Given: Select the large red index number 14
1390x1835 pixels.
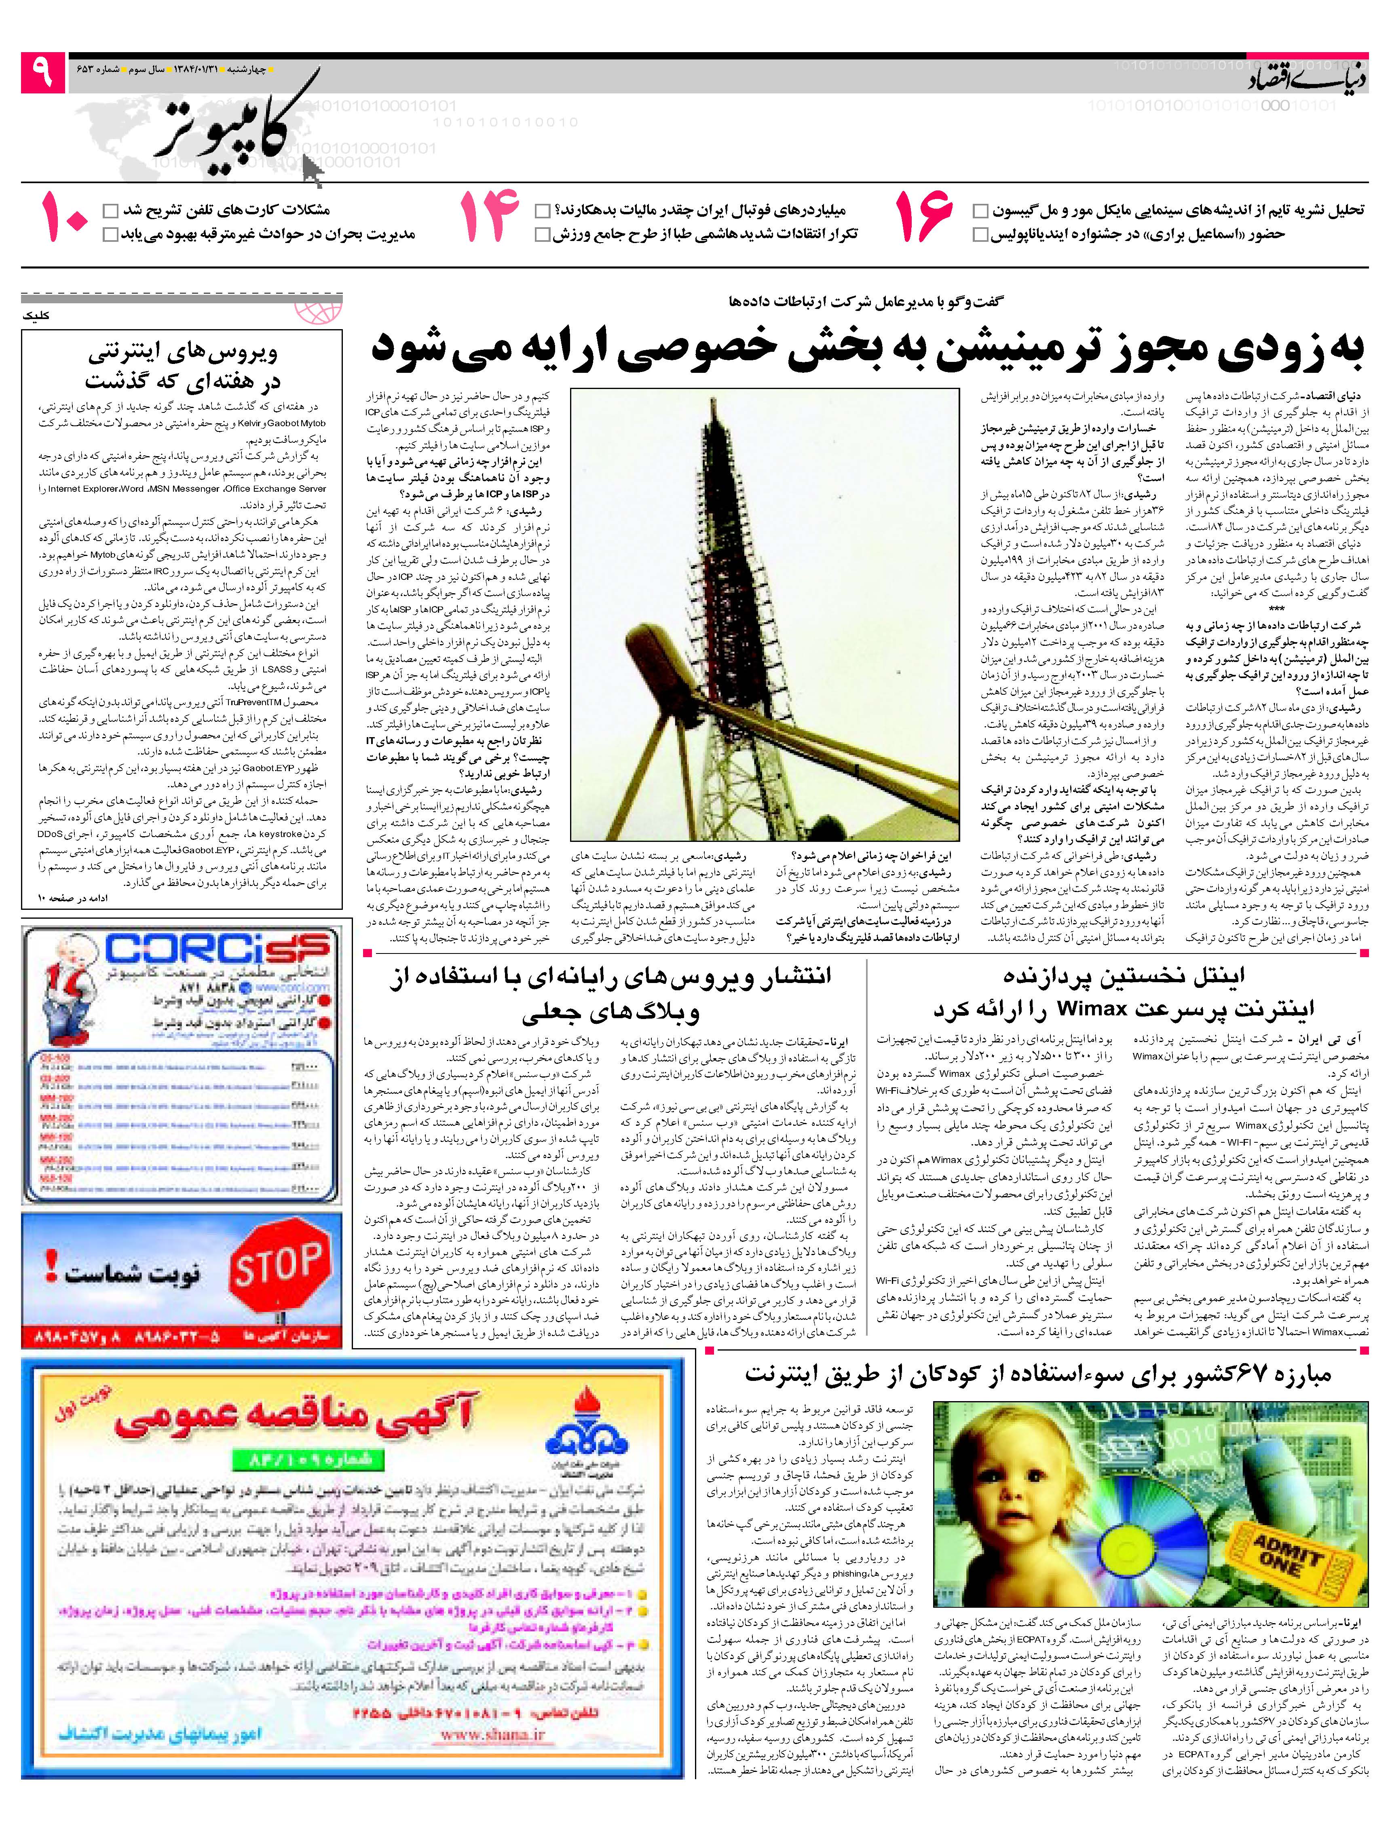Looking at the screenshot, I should pos(489,218).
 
